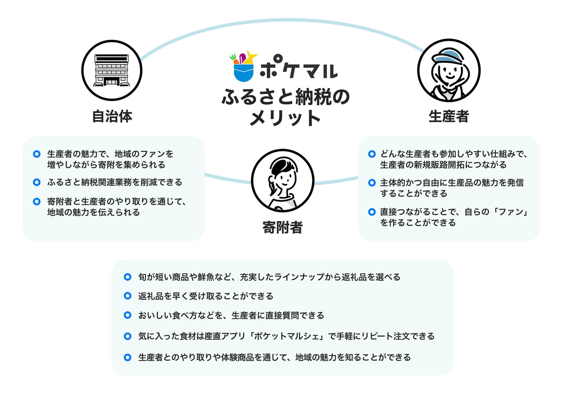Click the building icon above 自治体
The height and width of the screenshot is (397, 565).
[112, 70]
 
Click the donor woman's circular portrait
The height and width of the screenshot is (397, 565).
[282, 180]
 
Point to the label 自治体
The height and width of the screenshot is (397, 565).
[112, 117]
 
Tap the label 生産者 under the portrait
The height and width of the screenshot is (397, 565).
[448, 117]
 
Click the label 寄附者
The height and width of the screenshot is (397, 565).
[282, 228]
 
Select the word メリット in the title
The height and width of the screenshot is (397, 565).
[285, 117]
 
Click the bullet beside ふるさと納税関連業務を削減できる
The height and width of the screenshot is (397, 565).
[37, 182]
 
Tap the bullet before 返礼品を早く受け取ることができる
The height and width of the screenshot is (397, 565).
[128, 296]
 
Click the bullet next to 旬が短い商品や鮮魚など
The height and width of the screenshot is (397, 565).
[128, 277]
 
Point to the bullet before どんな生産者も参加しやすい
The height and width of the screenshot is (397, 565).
[372, 154]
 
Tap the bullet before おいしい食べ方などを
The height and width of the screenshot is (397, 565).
[128, 315]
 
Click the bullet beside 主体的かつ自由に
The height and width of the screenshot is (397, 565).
[372, 182]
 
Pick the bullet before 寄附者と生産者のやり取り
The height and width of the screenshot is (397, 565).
[37, 201]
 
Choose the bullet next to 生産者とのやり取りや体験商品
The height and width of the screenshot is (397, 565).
[128, 357]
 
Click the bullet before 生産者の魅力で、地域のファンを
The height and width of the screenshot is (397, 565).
[37, 154]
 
